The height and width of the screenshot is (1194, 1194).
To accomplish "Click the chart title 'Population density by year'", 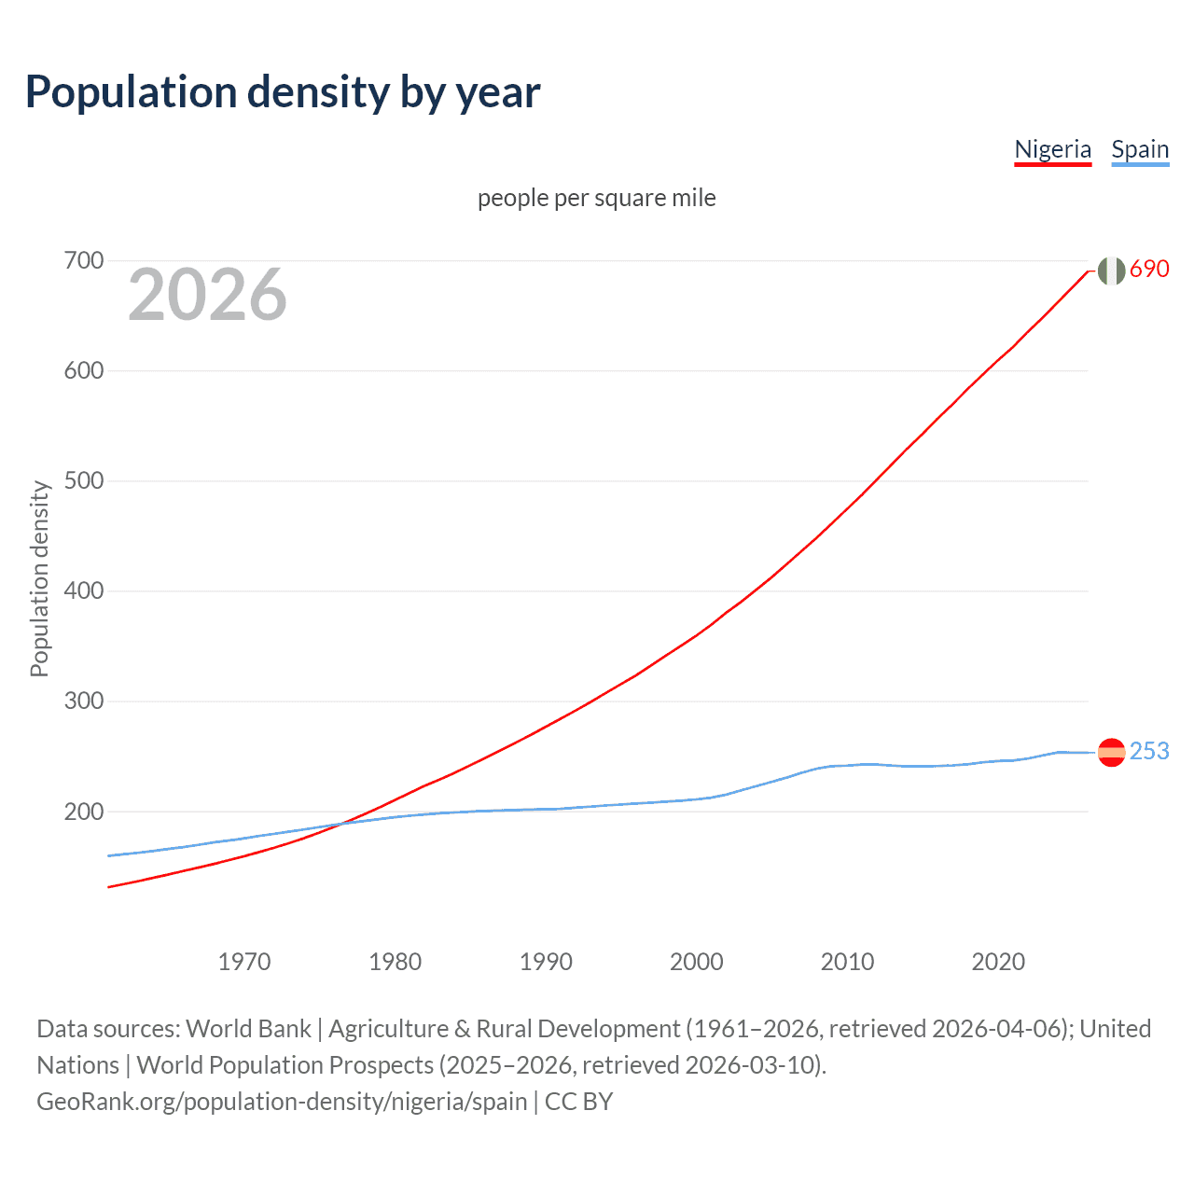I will pos(283,92).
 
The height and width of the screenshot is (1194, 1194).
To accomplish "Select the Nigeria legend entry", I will pos(1052,149).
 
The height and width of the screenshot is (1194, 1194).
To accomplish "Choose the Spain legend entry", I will pos(1140,149).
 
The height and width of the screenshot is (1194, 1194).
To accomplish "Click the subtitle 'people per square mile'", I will pos(596,198).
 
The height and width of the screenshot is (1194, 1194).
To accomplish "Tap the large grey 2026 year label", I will pos(207,295).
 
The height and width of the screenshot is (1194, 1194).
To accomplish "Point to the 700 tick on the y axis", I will pos(83,260).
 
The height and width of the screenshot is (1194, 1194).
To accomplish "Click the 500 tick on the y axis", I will pos(83,480).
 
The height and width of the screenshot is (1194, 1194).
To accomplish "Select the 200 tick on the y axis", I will pos(83,812).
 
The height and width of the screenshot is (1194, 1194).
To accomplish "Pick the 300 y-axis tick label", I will pos(83,701).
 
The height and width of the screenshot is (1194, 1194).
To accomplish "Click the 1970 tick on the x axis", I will pos(244,961).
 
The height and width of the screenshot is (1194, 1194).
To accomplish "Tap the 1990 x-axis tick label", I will pos(546,961).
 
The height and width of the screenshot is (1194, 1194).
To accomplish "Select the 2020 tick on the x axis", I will pos(998,961).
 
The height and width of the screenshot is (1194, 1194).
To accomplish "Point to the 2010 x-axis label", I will pos(847,961).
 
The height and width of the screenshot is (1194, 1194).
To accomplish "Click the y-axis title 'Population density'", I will pos(39,578).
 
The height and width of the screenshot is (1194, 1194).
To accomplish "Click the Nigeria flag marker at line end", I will pos(1111,271).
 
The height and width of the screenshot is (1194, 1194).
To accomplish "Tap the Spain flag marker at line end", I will pos(1111,752).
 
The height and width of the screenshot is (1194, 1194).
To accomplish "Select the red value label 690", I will pos(1149,269).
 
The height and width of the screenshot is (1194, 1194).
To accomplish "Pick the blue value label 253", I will pos(1149,751).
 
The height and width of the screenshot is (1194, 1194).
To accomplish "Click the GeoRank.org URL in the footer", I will pos(282,1101).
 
